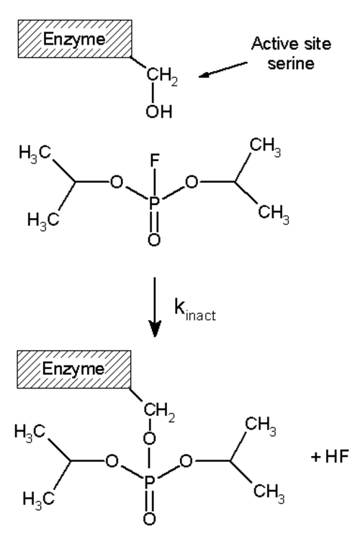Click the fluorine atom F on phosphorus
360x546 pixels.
click(154, 160)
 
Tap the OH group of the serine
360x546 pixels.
click(159, 112)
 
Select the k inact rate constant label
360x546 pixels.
click(195, 309)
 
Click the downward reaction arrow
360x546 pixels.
click(155, 307)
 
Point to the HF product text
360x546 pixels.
click(330, 456)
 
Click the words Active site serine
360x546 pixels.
click(291, 53)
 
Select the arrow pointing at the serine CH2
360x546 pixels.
click(223, 69)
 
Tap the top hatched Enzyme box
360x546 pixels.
click(75, 39)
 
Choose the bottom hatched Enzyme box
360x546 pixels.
click(74, 369)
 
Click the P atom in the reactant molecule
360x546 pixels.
click(154, 203)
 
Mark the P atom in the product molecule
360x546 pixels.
click(149, 482)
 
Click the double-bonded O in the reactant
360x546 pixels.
click(154, 240)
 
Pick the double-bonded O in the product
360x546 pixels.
click(149, 519)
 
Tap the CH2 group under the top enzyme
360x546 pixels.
click(162, 76)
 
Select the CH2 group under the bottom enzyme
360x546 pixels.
click(158, 411)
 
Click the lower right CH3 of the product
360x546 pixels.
click(269, 492)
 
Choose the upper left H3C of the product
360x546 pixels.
click(30, 432)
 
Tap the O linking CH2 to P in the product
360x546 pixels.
click(149, 438)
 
